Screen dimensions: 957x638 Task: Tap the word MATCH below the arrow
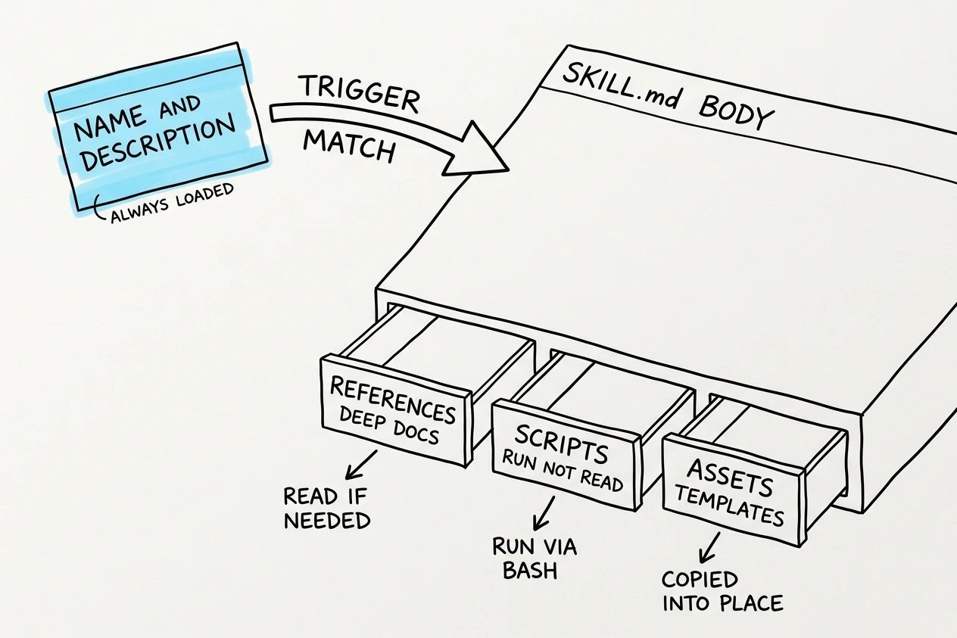pyautogui.click(x=350, y=145)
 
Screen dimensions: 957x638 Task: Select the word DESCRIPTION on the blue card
pyautogui.click(x=158, y=142)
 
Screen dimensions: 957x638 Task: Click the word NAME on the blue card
pyautogui.click(x=108, y=123)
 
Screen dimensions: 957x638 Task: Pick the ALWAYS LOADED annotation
pyautogui.click(x=171, y=203)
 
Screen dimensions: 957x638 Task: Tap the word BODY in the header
pyautogui.click(x=736, y=112)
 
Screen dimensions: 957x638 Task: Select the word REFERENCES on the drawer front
pyautogui.click(x=393, y=400)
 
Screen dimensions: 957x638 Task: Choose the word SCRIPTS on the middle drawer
pyautogui.click(x=561, y=444)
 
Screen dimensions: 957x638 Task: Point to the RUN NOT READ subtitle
pyautogui.click(x=563, y=470)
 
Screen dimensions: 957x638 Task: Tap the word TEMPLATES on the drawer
pyautogui.click(x=729, y=506)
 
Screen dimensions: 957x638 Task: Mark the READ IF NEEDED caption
pyautogui.click(x=327, y=508)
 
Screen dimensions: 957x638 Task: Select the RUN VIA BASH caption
pyautogui.click(x=535, y=558)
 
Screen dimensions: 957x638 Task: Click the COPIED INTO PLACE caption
pyautogui.click(x=722, y=591)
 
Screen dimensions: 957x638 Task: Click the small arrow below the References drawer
pyautogui.click(x=361, y=465)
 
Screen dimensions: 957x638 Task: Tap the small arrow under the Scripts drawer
pyautogui.click(x=544, y=513)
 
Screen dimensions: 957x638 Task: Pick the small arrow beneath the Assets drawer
pyautogui.click(x=709, y=547)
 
